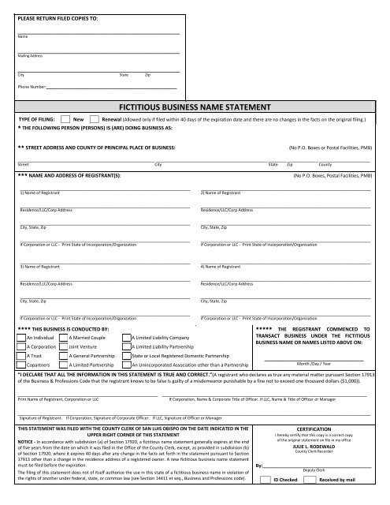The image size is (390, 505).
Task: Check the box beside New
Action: point(65,118)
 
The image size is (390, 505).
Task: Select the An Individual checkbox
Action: point(20,337)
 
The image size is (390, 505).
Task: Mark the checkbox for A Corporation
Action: point(20,346)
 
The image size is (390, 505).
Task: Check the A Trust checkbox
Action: point(20,356)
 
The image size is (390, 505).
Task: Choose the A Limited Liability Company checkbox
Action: point(127,337)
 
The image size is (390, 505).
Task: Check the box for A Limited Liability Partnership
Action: point(127,346)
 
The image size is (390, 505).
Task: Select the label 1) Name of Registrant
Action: point(38,193)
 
